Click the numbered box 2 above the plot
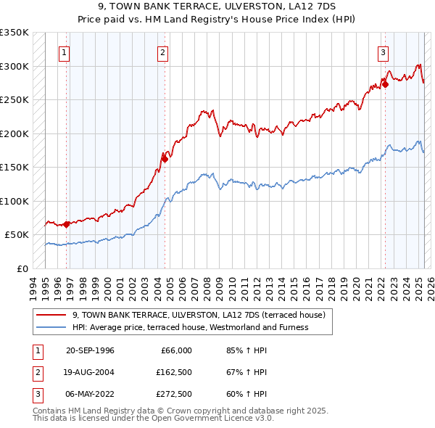click(x=163, y=52)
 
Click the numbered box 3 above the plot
click(x=382, y=52)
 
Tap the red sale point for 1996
click(x=66, y=224)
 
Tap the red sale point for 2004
click(x=165, y=159)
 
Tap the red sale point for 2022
click(x=385, y=84)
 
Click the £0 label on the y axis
click(x=22, y=268)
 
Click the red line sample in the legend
click(x=51, y=316)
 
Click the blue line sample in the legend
click(x=51, y=327)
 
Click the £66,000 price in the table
click(x=175, y=350)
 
